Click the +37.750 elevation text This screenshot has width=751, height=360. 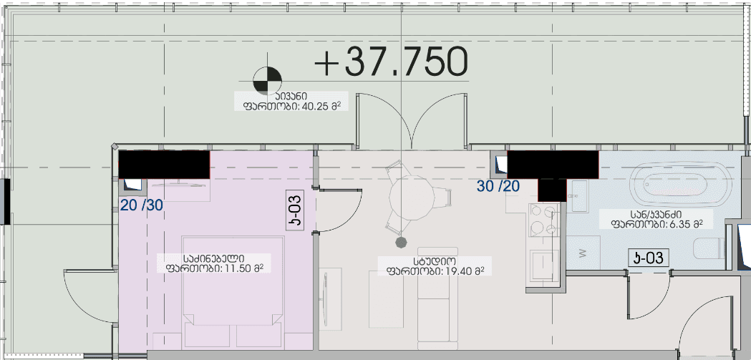point(392,62)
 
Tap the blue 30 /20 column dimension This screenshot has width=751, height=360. point(498,186)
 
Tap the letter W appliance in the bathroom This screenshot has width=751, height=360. point(582,252)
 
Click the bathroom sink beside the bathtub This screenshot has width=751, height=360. point(577,194)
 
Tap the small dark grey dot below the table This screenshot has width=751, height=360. point(402,241)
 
